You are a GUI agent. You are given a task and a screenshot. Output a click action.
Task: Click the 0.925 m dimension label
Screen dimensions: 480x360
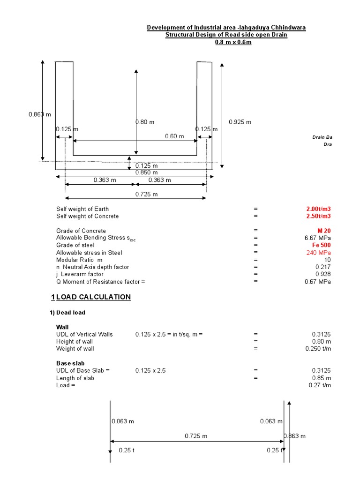(240, 122)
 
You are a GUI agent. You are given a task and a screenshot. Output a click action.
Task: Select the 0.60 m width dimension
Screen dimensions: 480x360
(174, 136)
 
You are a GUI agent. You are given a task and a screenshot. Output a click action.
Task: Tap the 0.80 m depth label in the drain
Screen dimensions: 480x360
(145, 122)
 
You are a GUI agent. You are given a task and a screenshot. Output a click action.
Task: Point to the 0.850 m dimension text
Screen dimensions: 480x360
(147, 172)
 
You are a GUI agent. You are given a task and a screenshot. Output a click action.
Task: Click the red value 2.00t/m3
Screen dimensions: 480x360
(318, 209)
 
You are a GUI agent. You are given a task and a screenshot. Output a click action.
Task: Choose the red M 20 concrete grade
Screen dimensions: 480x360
(324, 231)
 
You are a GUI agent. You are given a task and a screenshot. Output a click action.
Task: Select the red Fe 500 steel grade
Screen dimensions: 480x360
(321, 245)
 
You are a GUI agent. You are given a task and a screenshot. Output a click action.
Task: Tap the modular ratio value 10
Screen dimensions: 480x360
(327, 260)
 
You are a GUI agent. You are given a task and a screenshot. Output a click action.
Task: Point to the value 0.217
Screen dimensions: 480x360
(323, 267)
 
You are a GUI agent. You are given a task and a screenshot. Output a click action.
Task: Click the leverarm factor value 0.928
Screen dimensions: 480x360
(323, 274)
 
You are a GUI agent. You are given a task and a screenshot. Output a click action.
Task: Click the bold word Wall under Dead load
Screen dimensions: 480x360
(62, 327)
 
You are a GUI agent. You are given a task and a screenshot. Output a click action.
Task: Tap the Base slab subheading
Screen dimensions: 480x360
(70, 363)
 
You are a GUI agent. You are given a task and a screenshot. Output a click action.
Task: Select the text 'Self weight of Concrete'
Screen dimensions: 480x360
(88, 217)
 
